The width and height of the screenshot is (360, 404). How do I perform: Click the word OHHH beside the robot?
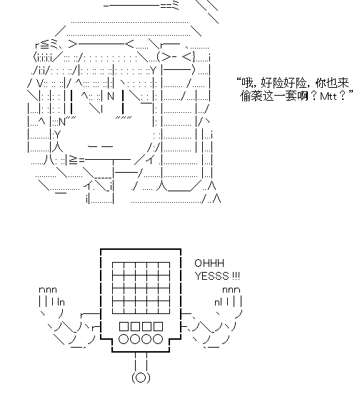(x=209, y=263)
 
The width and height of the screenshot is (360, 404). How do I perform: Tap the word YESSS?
(x=211, y=276)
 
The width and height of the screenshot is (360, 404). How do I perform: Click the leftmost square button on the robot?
(x=124, y=326)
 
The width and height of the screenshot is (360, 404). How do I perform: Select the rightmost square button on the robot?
(x=158, y=326)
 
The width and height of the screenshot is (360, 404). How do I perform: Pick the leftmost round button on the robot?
(x=124, y=339)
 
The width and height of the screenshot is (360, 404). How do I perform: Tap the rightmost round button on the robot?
(x=158, y=339)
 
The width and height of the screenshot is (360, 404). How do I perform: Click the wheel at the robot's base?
(x=141, y=378)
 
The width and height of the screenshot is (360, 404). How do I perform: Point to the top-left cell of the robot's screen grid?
(x=118, y=268)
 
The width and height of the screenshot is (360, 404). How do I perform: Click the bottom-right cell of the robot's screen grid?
(x=164, y=307)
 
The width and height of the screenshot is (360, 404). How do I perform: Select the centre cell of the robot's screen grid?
(x=141, y=288)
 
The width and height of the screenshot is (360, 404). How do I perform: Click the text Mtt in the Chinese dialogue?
(x=329, y=96)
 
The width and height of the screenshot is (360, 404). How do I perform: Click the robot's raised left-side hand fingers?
(x=51, y=297)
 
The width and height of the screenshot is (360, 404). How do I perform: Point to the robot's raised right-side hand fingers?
(x=229, y=297)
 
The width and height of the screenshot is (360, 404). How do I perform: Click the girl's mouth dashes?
(x=100, y=147)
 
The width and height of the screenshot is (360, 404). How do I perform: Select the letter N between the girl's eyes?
(x=111, y=96)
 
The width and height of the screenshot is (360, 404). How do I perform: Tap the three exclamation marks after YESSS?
(x=236, y=276)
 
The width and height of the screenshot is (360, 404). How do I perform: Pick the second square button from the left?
(x=135, y=326)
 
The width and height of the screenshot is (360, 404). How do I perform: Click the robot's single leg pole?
(x=141, y=362)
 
